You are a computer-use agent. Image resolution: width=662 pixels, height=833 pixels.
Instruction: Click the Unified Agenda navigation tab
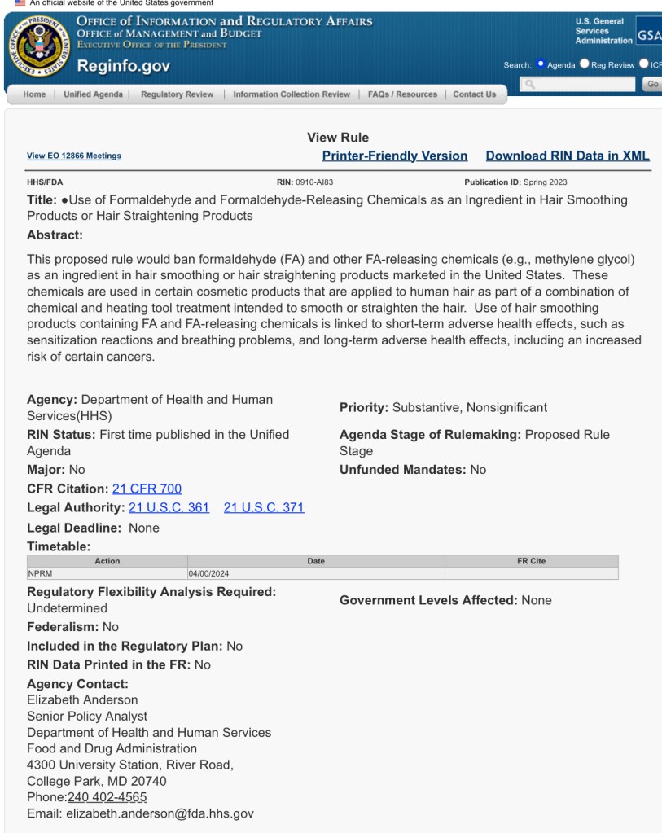point(94,94)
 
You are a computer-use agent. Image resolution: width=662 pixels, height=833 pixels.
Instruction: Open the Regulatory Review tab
point(177,94)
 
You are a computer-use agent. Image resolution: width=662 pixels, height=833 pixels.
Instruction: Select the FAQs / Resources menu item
point(402,94)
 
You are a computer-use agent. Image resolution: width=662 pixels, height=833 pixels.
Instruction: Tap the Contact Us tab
point(474,94)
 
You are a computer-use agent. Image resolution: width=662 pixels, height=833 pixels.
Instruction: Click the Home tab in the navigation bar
point(34,94)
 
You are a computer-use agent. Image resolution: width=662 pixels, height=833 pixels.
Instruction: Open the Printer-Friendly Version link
point(395,156)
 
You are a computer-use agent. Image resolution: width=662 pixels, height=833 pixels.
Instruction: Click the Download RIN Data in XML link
point(568,156)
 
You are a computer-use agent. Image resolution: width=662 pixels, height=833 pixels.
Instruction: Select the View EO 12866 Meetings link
point(74,156)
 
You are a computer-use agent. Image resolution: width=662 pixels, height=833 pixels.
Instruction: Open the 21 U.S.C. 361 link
point(169,508)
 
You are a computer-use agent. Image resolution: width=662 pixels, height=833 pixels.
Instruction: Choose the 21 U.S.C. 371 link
point(264,508)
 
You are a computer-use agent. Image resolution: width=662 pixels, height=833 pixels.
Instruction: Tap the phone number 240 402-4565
point(107,796)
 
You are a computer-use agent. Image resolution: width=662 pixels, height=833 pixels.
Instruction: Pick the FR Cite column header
point(531,561)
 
